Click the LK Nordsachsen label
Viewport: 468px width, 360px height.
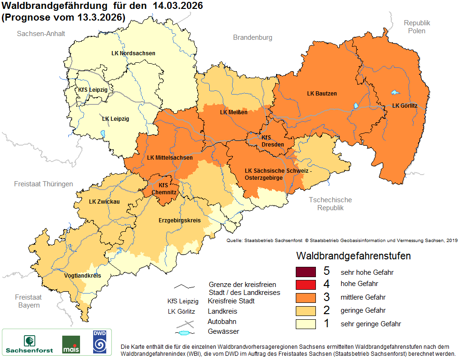(133, 53)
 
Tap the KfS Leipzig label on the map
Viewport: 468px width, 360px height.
(93, 90)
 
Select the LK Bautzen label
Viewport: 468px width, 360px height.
(322, 94)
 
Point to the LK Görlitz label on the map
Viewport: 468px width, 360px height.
(401, 106)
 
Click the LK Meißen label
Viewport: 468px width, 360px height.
(234, 112)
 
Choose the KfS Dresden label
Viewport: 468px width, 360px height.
(272, 141)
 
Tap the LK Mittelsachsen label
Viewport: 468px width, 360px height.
(169, 158)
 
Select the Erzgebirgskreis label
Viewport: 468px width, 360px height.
(179, 220)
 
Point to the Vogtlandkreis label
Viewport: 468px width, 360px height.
(82, 276)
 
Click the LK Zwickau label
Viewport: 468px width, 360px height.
(104, 202)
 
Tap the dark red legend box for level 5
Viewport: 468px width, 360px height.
(306, 272)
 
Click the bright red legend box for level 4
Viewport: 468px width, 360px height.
(306, 284)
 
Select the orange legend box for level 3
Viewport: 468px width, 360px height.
(306, 297)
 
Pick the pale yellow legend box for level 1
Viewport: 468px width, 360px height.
(306, 323)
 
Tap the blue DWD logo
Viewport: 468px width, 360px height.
(99, 341)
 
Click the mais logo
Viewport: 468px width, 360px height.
(71, 344)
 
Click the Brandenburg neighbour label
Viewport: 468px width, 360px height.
(253, 37)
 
